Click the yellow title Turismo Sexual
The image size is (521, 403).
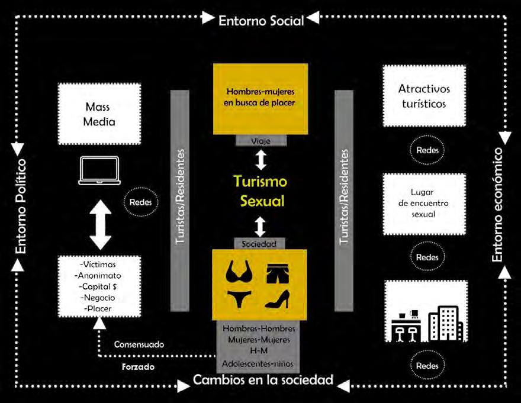coord(260,191)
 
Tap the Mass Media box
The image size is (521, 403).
coord(99,114)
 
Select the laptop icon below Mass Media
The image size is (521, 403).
coord(99,170)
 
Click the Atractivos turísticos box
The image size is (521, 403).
coord(424,96)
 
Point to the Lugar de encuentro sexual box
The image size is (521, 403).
coord(424,203)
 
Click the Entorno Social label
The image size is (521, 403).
coord(261,21)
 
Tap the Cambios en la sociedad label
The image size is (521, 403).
coord(263,380)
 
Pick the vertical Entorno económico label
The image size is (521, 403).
coord(498,205)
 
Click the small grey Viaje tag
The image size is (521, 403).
coord(260,141)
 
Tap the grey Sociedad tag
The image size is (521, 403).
coord(260,243)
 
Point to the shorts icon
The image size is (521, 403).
coord(279,272)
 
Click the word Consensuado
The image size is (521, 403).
coord(140,344)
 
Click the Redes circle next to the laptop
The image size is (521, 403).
coord(140,202)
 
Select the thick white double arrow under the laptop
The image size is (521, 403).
coord(99,224)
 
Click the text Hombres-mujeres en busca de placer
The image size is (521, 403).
coord(260,97)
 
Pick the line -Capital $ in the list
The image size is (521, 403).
coord(99,286)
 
